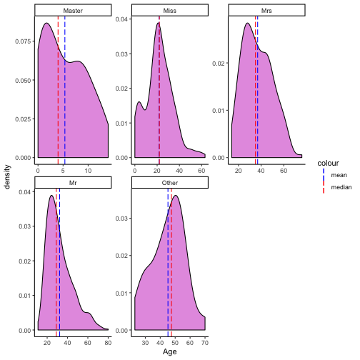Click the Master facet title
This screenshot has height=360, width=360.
[x=72, y=11]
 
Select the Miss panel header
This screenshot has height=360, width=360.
[x=170, y=11]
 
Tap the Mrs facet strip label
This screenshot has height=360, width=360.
[x=267, y=11]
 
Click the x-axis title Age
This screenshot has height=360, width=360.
[x=170, y=352]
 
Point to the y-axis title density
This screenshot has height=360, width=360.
[x=8, y=174]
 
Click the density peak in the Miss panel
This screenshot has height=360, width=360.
[x=159, y=24]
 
